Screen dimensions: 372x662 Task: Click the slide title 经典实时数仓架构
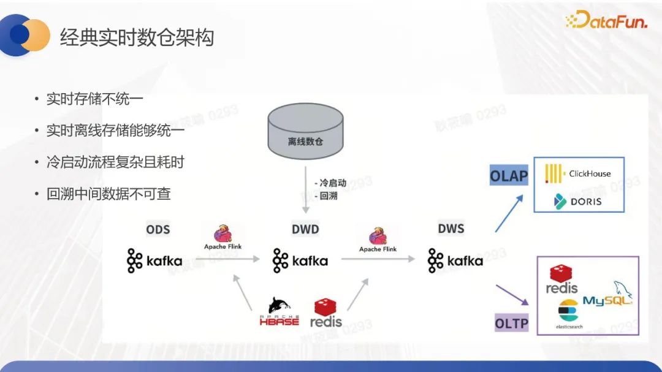[x=137, y=38]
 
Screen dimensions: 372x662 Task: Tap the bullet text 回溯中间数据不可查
[x=108, y=194]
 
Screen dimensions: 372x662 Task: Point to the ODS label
[x=158, y=230]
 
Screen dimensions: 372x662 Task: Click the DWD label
[x=305, y=230]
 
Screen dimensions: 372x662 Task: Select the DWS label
[x=451, y=229]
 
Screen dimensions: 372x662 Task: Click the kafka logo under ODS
[x=154, y=261]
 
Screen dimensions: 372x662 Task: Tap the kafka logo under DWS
[x=455, y=261]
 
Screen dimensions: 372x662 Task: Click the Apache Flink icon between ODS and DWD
[x=223, y=237]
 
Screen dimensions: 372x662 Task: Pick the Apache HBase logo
[x=279, y=311]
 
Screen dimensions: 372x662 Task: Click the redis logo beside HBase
[x=326, y=313]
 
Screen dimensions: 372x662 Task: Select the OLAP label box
[x=509, y=177]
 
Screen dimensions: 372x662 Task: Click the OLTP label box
[x=511, y=322]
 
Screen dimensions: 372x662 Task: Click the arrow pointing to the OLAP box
[x=509, y=213]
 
